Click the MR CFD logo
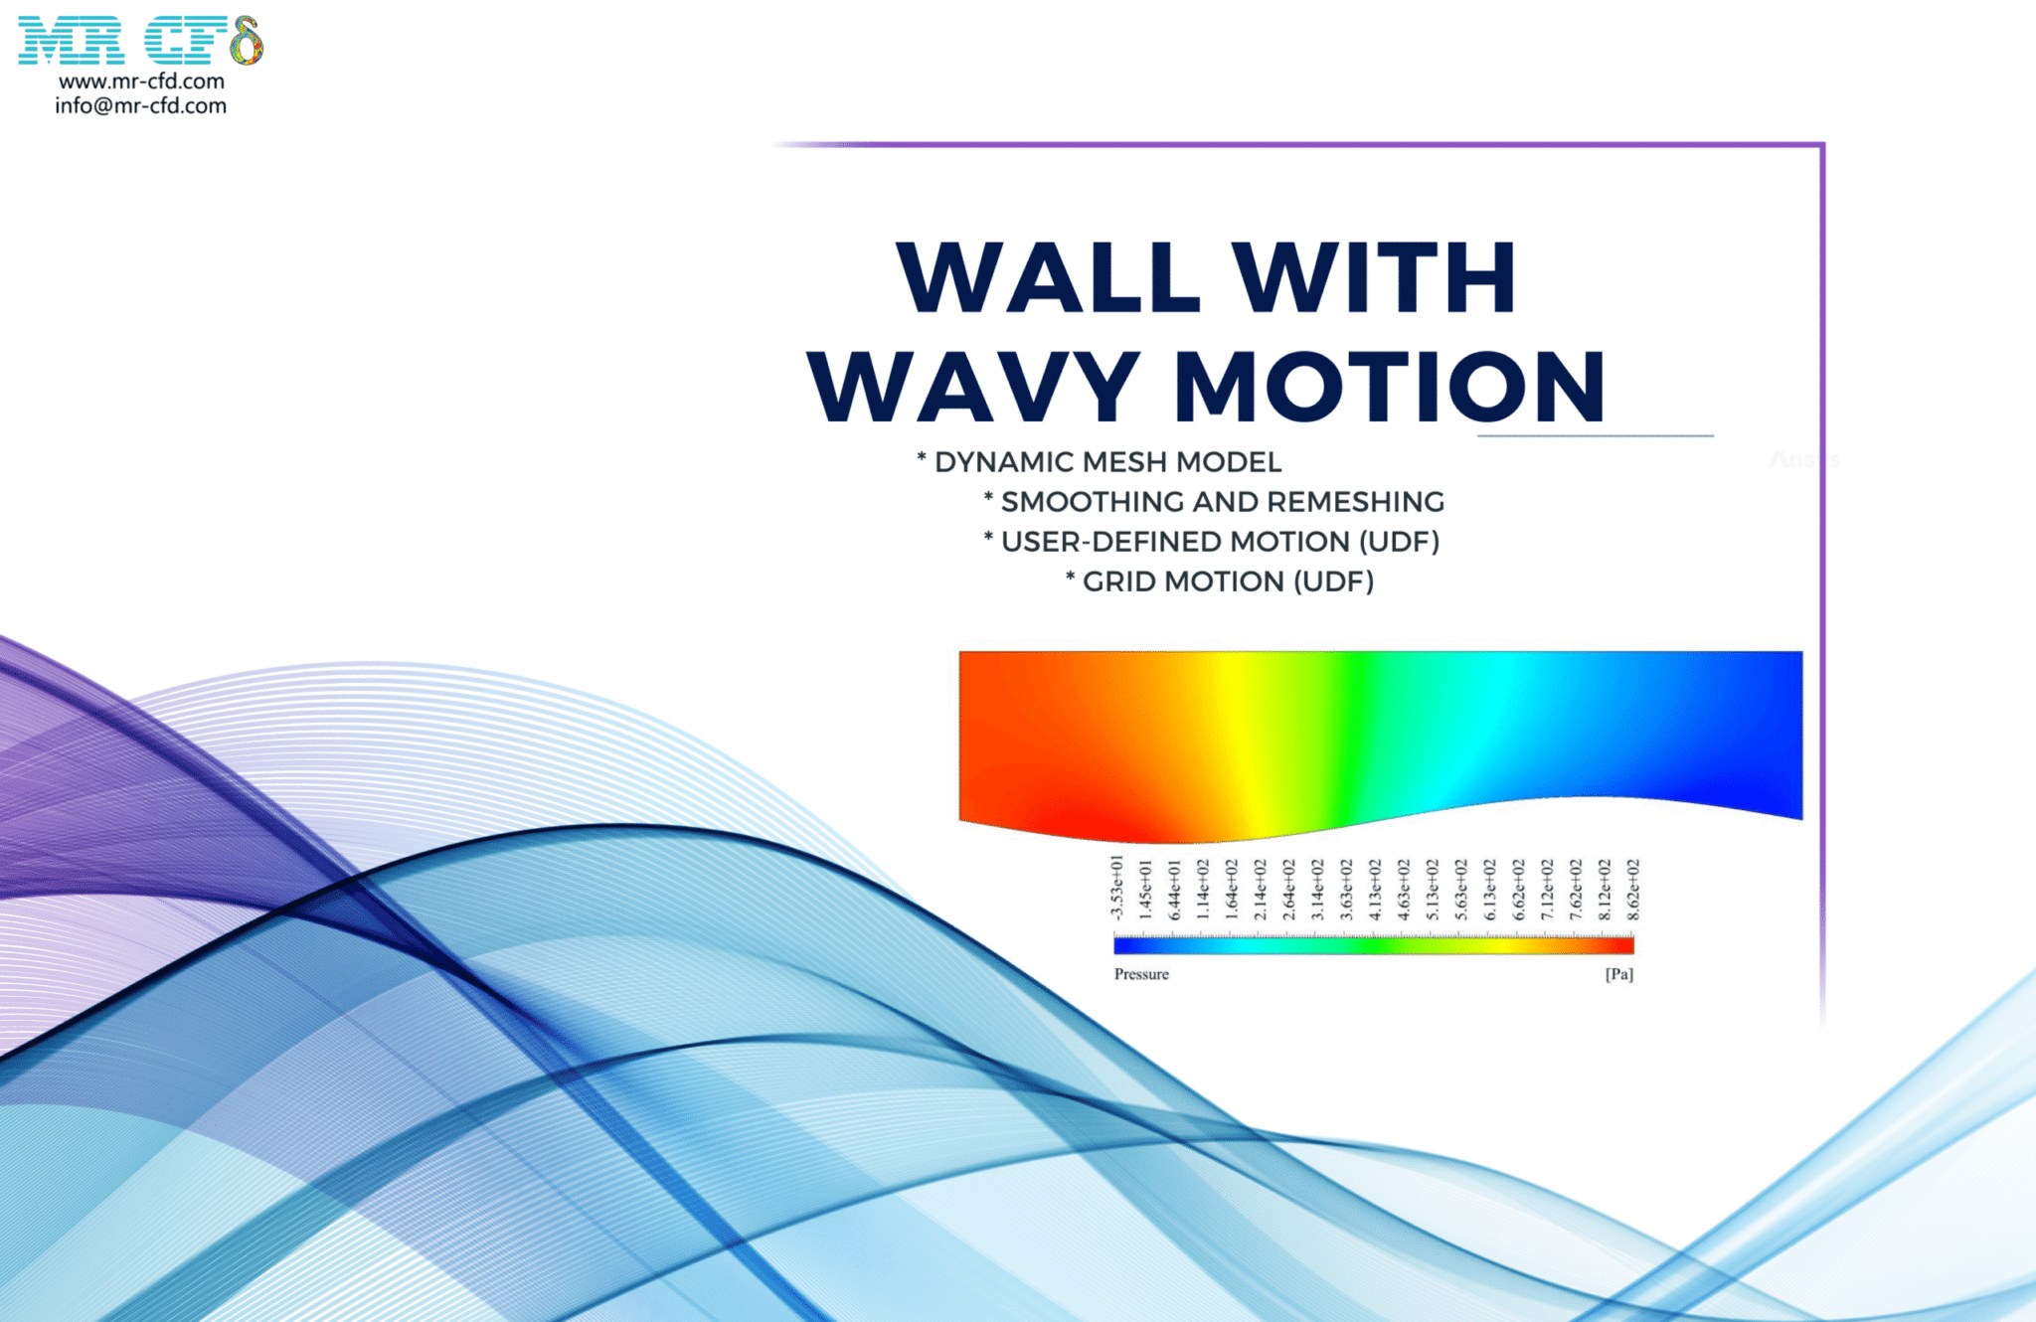(x=140, y=41)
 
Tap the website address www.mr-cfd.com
(x=141, y=82)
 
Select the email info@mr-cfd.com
(x=140, y=106)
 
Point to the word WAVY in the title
(x=974, y=387)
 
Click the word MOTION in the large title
(x=1390, y=387)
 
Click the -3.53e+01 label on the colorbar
(x=1116, y=888)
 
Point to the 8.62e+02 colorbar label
(x=1633, y=890)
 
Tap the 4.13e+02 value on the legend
(x=1375, y=890)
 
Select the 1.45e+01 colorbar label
(x=1145, y=890)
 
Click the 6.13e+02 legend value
(x=1490, y=890)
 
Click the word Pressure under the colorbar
(x=1141, y=974)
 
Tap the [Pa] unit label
(x=1618, y=974)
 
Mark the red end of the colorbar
(x=1625, y=944)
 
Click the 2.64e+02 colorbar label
(x=1288, y=890)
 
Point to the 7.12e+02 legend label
(x=1548, y=890)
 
